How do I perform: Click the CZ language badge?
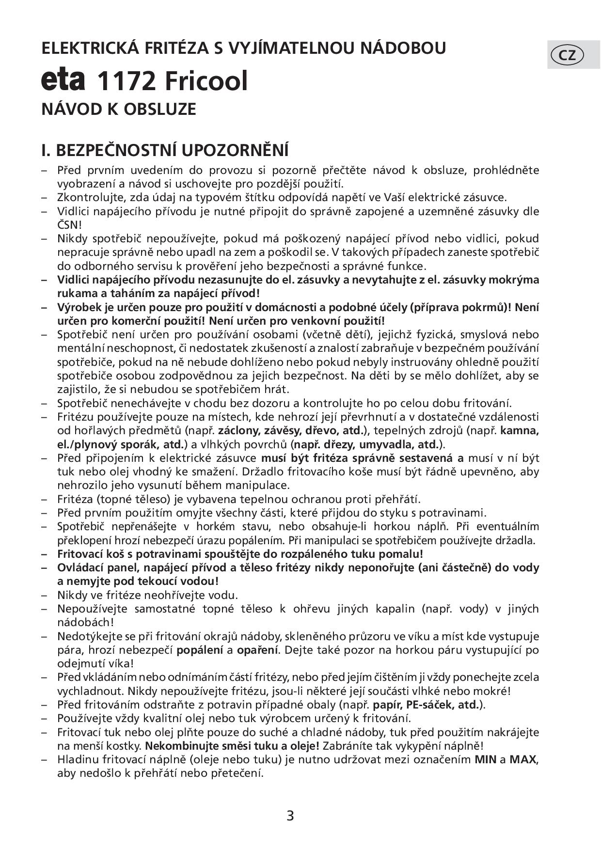coord(568,55)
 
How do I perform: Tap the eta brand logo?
coord(63,80)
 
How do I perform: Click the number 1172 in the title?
coord(127,81)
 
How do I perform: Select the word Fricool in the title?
coord(206,81)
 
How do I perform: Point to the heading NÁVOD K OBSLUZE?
coord(119,109)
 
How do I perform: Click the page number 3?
coord(290,816)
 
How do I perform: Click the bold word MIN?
coord(485,759)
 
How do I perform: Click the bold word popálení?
coord(200,650)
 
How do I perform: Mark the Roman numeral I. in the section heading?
coord(46,150)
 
